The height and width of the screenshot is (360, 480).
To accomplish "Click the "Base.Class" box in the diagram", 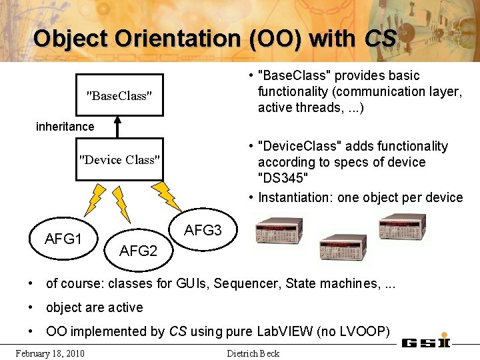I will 119,95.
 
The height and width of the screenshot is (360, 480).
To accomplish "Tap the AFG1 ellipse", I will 63,239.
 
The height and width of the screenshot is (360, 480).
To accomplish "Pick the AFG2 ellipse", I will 138,251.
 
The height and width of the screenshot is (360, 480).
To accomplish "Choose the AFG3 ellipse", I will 203,231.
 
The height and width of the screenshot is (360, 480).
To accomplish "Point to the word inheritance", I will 65,126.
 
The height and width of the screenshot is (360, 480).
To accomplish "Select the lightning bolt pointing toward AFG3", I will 165,195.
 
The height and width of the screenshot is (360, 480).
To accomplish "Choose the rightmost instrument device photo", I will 403,226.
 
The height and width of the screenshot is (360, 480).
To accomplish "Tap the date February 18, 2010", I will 50,353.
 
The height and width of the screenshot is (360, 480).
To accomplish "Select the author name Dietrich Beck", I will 253,353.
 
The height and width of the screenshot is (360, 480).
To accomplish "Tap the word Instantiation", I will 295,197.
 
